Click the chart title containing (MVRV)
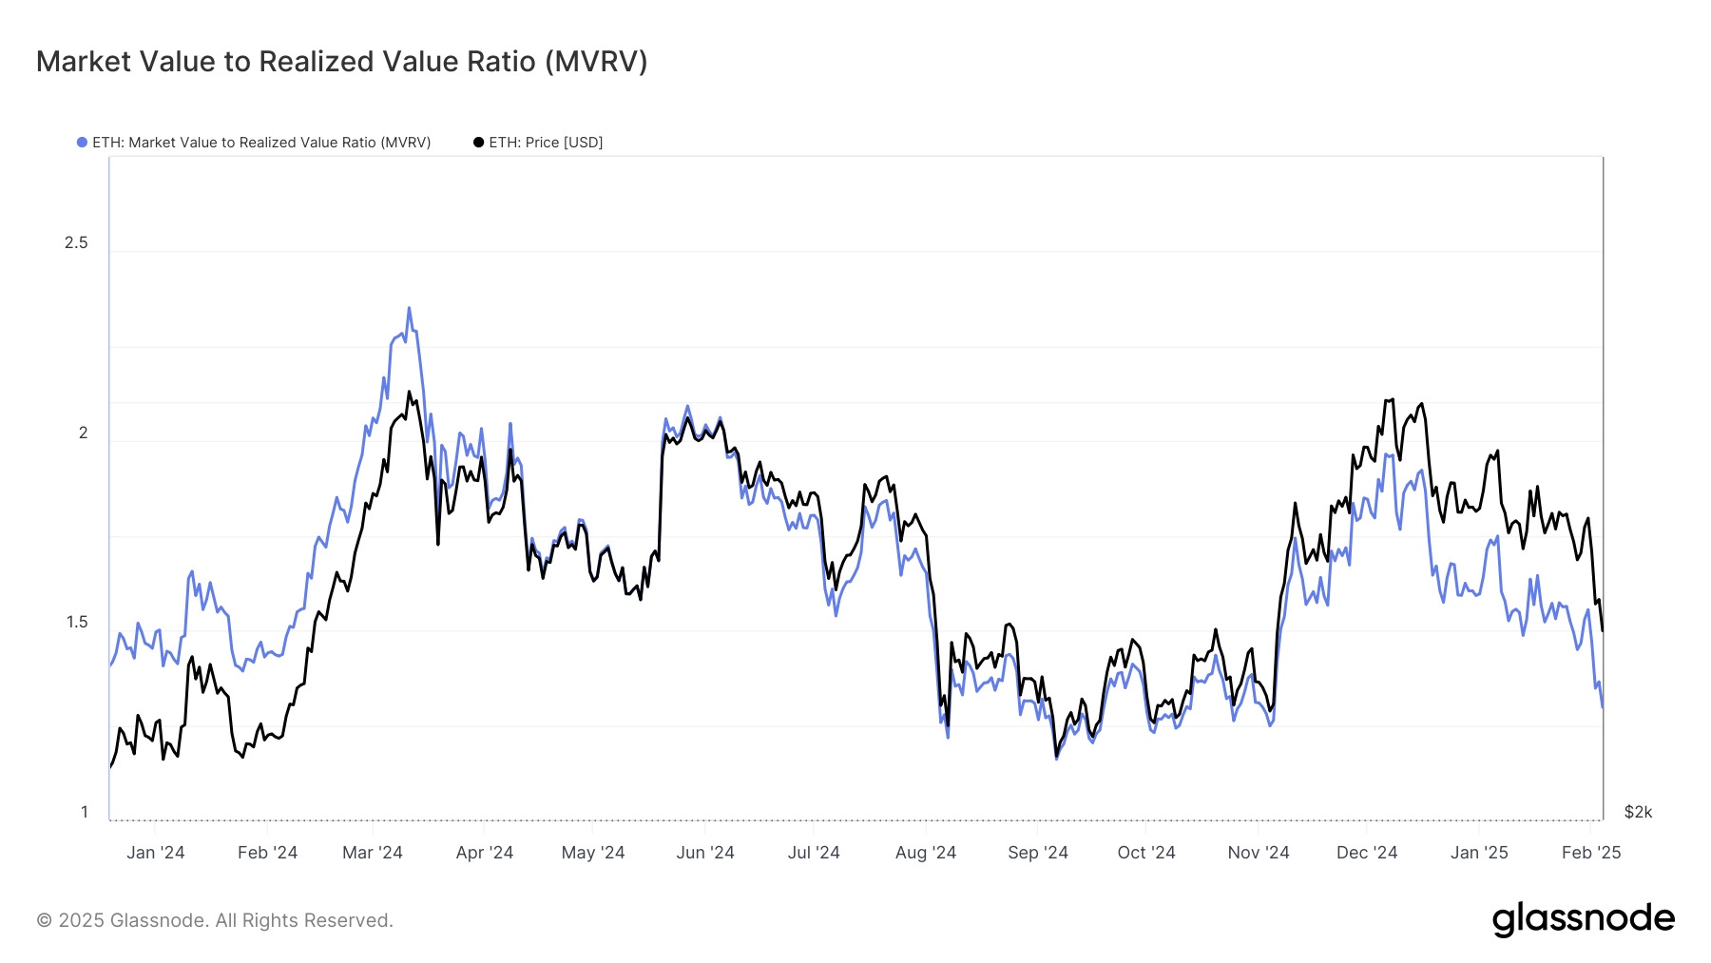tap(341, 62)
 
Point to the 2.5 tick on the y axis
tap(76, 243)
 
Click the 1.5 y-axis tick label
tap(77, 623)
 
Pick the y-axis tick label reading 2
tap(83, 433)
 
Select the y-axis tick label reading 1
tap(84, 812)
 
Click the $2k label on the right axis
tap(1638, 812)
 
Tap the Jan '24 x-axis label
tap(156, 853)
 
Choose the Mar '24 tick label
tap(373, 853)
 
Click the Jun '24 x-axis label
tap(705, 853)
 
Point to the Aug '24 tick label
tap(926, 853)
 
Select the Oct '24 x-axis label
tap(1146, 853)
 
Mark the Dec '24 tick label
tap(1367, 853)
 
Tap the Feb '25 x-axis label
tap(1591, 853)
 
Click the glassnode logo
tap(1583, 919)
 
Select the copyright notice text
tap(215, 920)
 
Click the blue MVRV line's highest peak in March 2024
tap(409, 308)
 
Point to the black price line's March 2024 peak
tap(409, 392)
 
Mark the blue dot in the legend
tap(83, 143)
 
